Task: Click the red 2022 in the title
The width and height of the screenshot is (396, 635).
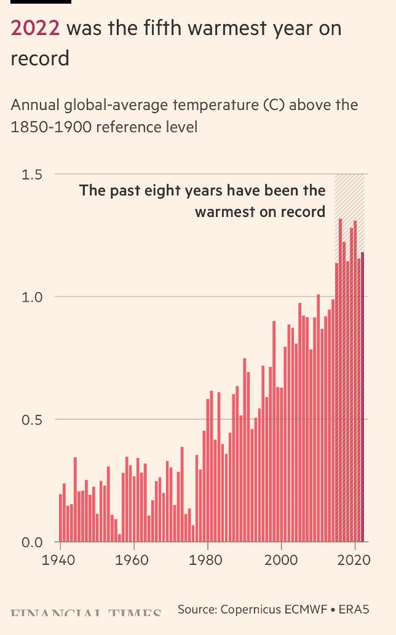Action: [x=35, y=29]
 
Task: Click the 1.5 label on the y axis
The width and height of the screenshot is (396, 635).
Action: [x=32, y=175]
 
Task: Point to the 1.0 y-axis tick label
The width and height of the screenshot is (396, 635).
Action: [x=32, y=297]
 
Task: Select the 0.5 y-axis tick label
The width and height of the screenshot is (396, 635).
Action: [x=32, y=420]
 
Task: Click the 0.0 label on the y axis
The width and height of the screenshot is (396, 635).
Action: [x=32, y=542]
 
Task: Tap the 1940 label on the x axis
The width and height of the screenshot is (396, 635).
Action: [x=60, y=561]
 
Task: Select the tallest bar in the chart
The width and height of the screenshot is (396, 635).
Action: [x=340, y=381]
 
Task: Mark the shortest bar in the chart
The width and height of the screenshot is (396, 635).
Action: [x=119, y=538]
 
